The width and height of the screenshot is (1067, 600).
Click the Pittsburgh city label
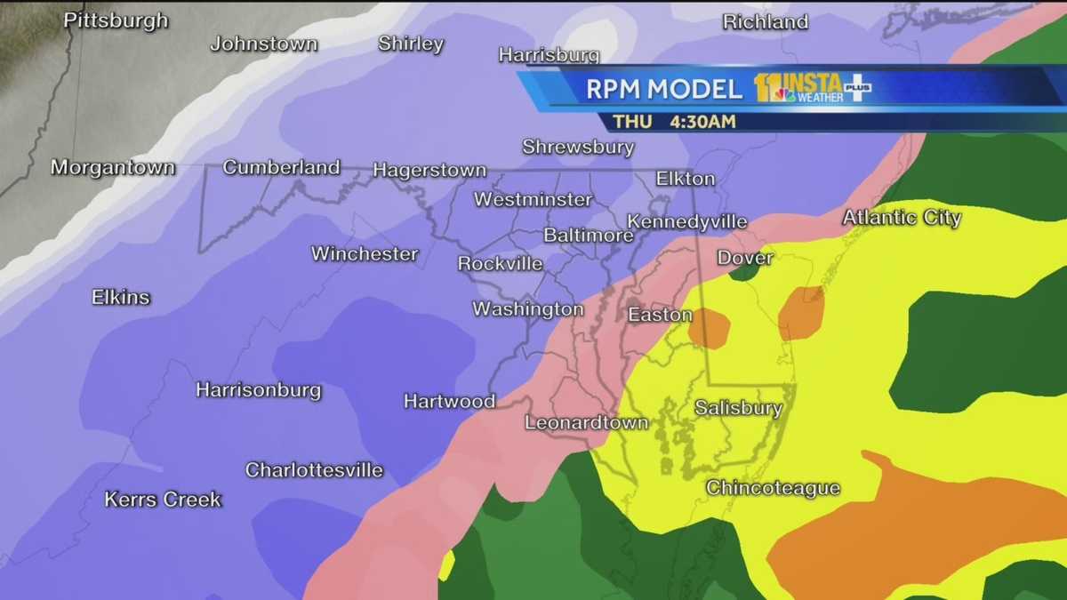click(x=116, y=20)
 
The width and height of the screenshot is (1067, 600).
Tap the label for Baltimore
click(x=588, y=236)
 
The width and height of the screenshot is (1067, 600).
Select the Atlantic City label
click(x=902, y=217)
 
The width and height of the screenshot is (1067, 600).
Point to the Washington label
click(x=527, y=309)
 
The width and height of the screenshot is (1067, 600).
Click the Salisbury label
click(x=738, y=408)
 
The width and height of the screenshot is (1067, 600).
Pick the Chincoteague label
click(x=773, y=487)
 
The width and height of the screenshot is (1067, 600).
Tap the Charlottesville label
click(x=314, y=469)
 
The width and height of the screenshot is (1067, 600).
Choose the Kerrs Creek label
click(x=163, y=500)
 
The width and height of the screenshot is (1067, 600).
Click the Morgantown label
click(x=113, y=167)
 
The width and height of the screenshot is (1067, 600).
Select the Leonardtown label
click(x=586, y=422)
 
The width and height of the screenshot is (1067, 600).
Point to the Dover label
click(x=745, y=258)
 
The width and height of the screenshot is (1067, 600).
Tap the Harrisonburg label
click(x=258, y=389)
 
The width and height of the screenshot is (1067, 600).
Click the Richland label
click(x=765, y=21)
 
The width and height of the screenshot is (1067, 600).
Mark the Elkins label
click(x=121, y=297)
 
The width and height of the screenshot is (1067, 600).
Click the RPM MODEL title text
click(x=663, y=89)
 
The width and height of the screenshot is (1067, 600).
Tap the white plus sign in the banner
click(x=857, y=88)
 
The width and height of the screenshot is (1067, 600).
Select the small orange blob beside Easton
click(x=709, y=327)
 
